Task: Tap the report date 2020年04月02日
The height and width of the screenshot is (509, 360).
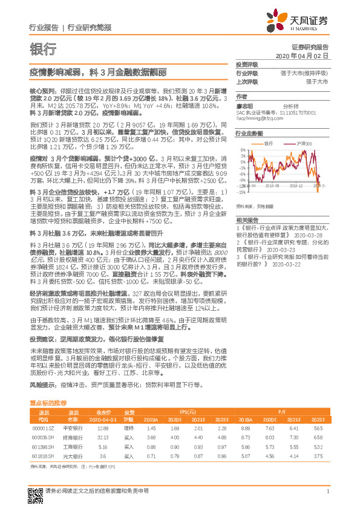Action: pos(301,56)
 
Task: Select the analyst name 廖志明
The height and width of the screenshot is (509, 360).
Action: pos(245,105)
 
